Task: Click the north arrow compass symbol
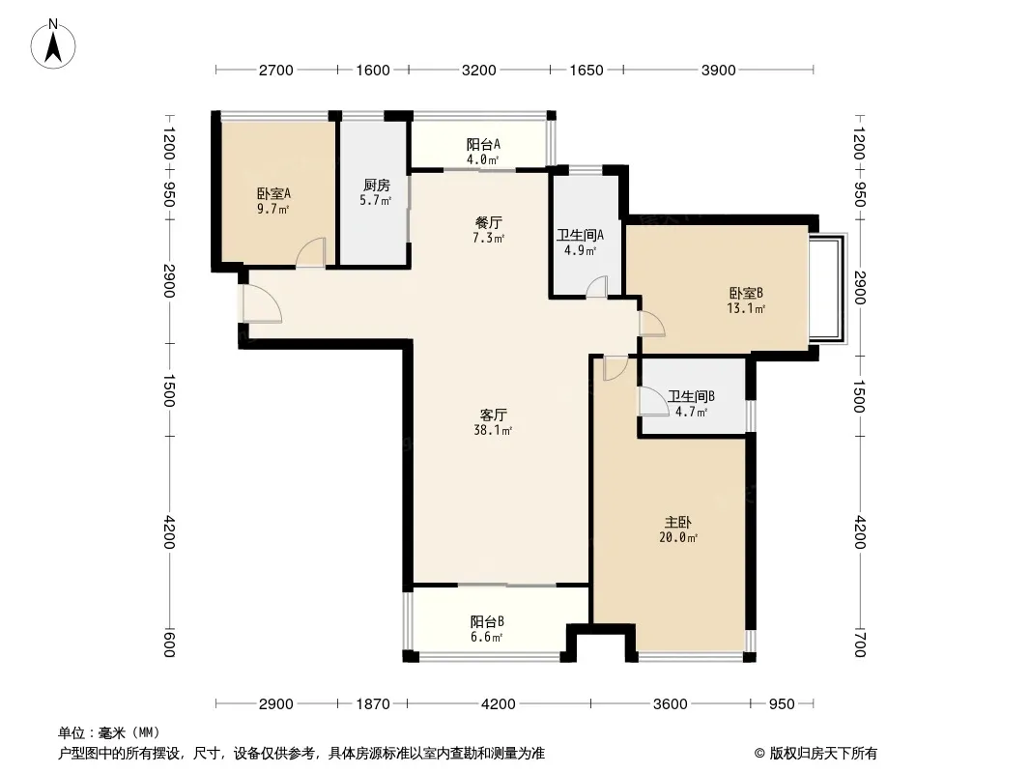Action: (53, 43)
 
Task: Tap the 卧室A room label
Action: (273, 194)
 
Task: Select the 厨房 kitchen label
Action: (376, 186)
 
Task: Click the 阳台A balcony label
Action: (483, 145)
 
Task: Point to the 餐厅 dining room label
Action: (489, 223)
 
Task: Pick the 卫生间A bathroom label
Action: (580, 235)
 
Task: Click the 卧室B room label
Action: (746, 293)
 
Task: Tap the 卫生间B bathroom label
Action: (691, 397)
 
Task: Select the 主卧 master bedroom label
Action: (677, 523)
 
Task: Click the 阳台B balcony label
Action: (487, 621)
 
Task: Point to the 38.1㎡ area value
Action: (493, 431)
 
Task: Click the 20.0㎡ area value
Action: (678, 538)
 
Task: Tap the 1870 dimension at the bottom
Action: (372, 704)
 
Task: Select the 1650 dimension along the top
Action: (586, 71)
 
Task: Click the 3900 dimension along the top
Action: (718, 71)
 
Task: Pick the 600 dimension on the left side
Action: (169, 644)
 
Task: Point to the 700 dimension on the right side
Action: (860, 644)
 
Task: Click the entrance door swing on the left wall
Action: (261, 304)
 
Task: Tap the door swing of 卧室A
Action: (310, 253)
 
